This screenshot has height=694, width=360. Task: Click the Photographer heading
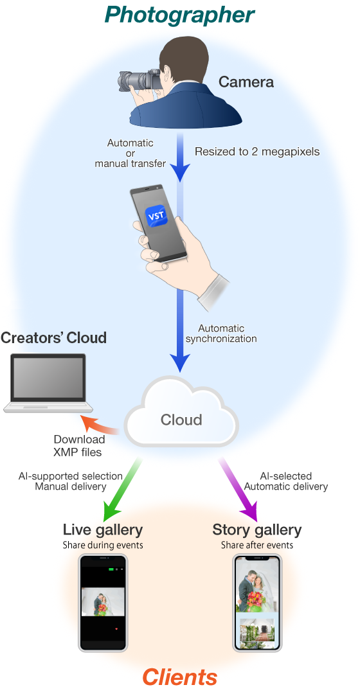pyautogui.click(x=180, y=15)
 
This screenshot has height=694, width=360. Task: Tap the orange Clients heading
pyautogui.click(x=180, y=677)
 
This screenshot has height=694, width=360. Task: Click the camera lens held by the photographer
pyautogui.click(x=133, y=81)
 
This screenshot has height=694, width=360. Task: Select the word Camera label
pyautogui.click(x=246, y=82)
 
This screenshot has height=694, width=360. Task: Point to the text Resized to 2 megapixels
pyautogui.click(x=257, y=152)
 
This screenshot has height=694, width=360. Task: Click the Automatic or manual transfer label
pyautogui.click(x=130, y=154)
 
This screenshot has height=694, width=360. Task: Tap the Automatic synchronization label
pyautogui.click(x=221, y=334)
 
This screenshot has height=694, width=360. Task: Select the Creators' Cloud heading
pyautogui.click(x=53, y=338)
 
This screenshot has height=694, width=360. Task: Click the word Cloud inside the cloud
pyautogui.click(x=181, y=420)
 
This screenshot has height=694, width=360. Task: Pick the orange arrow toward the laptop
pyautogui.click(x=99, y=425)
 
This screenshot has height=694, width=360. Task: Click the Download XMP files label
pyautogui.click(x=78, y=446)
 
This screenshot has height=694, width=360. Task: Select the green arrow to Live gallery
pyautogui.click(x=122, y=490)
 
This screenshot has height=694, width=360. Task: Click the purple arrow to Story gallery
pyautogui.click(x=239, y=490)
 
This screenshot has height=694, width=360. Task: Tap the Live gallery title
pyautogui.click(x=103, y=529)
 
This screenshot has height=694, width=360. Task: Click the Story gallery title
pyautogui.click(x=257, y=529)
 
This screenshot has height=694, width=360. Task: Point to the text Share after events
pyautogui.click(x=257, y=545)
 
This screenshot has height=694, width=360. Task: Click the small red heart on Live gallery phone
pyautogui.click(x=116, y=628)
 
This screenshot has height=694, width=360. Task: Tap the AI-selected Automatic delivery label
pyautogui.click(x=286, y=481)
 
